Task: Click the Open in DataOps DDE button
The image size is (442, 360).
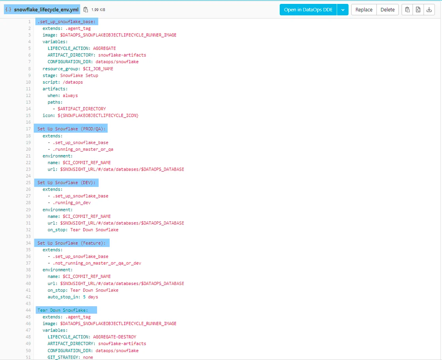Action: [308, 9]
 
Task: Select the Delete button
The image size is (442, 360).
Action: [387, 9]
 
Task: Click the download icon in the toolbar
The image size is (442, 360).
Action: [429, 9]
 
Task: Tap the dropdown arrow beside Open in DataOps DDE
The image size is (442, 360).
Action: [343, 9]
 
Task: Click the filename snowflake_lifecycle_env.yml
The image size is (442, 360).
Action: [46, 9]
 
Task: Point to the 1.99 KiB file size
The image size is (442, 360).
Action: [98, 9]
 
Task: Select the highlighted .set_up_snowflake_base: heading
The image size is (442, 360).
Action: [67, 22]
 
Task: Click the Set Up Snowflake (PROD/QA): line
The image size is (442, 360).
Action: [71, 129]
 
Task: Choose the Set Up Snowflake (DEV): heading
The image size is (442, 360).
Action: [67, 183]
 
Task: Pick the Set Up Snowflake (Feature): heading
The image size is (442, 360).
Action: [71, 243]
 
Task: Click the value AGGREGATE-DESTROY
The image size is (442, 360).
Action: [114, 337]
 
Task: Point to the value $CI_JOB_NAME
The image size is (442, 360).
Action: [98, 69]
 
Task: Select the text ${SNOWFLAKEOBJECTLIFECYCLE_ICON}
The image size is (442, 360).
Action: [98, 116]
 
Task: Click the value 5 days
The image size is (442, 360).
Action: [90, 297]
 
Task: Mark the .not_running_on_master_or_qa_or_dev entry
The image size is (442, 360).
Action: [97, 263]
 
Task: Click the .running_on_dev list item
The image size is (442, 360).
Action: [71, 202]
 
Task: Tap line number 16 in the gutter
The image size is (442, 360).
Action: [28, 122]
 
